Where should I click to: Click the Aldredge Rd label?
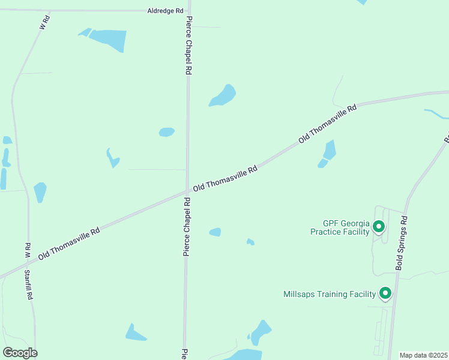point(166,11)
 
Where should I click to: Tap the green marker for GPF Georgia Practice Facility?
point(378,227)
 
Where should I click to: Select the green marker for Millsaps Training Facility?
point(385,293)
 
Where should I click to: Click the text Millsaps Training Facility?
point(330,294)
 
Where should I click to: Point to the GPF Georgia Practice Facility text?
point(340,227)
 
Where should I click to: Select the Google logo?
point(20,353)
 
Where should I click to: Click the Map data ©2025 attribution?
point(423,355)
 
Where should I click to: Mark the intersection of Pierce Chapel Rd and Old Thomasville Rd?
point(187,191)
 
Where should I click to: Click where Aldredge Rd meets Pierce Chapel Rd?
point(188,11)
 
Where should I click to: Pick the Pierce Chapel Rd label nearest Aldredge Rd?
point(188,45)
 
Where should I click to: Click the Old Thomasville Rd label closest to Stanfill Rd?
point(69,242)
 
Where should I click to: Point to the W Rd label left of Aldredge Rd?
point(43,23)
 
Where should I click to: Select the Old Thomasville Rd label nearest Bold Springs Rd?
point(328,123)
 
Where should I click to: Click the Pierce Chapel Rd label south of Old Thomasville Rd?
point(187,227)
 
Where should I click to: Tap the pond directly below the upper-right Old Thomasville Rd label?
point(328,152)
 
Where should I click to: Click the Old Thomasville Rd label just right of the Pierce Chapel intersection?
point(225,178)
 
